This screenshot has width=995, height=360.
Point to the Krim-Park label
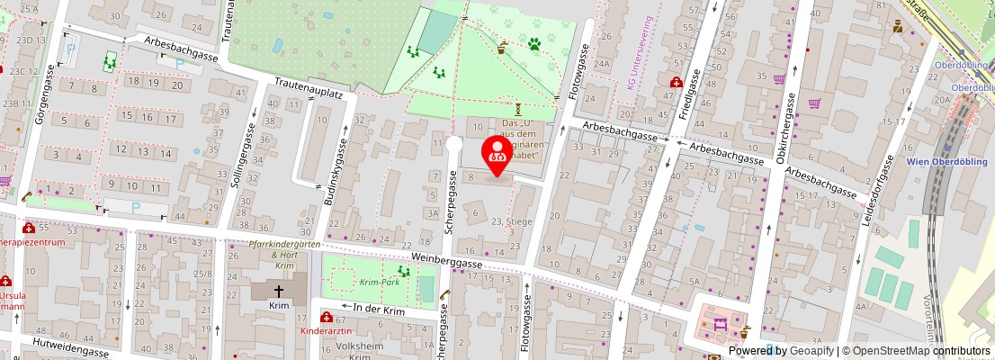coord(380,282)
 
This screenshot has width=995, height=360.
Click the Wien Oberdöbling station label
coord(947,161)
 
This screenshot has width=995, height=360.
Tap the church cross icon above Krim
coord(279,291)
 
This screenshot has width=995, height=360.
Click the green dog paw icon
coord(534,42)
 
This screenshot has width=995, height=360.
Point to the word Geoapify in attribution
coord(811,351)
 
